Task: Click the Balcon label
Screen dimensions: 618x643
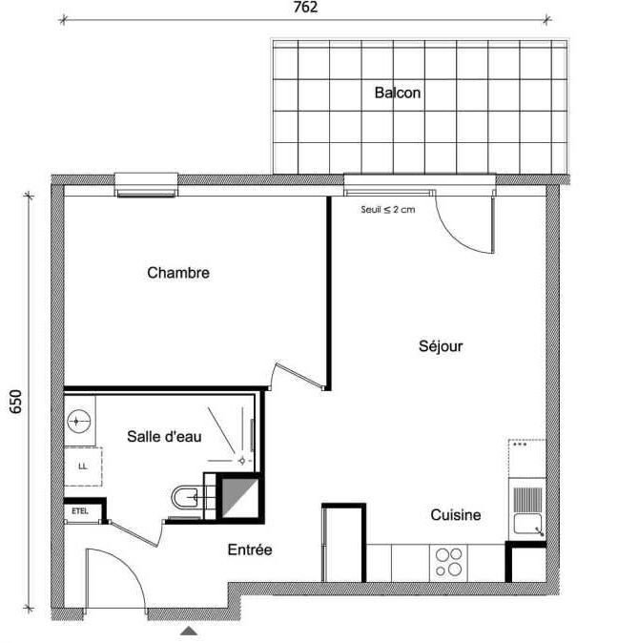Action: coord(398,93)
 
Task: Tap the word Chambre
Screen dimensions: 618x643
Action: coord(178,273)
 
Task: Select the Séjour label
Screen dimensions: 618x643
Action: coord(441,346)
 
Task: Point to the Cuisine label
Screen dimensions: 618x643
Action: coord(456,514)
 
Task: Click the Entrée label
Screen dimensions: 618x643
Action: coord(250,550)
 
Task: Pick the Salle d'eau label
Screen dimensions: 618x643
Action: coord(164,436)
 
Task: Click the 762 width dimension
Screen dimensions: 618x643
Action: coord(305,7)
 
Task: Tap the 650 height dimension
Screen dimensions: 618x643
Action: coord(15,402)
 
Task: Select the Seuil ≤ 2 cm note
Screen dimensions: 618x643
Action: coord(388,210)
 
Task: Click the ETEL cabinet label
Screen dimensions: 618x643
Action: coord(80,511)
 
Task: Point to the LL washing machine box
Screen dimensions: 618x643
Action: coord(83,467)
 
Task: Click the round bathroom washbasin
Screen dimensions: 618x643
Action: coord(79,421)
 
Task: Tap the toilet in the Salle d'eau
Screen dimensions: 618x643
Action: coord(187,497)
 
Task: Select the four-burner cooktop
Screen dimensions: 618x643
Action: coord(448,563)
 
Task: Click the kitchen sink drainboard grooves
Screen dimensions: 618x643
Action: coord(527,499)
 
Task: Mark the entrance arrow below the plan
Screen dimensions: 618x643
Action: coord(189,631)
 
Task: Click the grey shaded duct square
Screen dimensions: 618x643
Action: coord(240,497)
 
